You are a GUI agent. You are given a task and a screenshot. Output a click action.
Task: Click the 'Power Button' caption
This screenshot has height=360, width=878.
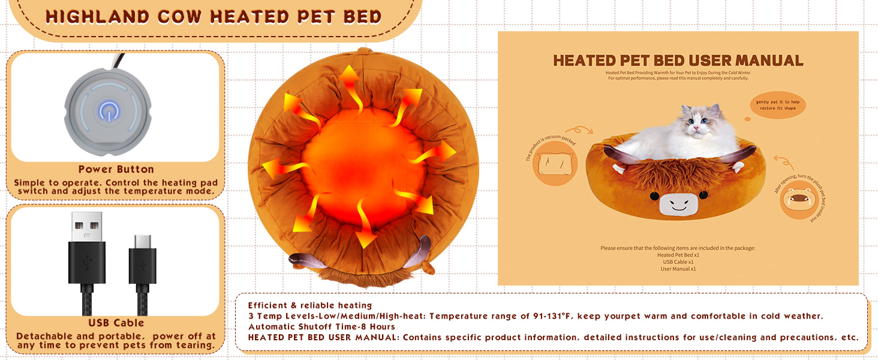click(116, 169)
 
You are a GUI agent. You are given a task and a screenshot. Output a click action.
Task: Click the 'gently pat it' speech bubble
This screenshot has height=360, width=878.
click(777, 105)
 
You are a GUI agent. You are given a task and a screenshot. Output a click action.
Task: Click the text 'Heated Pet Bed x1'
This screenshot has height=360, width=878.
click(678, 255)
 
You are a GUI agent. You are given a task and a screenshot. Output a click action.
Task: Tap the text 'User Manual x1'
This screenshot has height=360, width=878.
click(678, 269)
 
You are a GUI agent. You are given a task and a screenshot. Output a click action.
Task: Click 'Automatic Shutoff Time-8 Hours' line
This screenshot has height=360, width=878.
click(321, 327)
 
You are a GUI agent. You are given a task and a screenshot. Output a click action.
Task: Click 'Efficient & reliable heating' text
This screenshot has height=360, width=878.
click(310, 306)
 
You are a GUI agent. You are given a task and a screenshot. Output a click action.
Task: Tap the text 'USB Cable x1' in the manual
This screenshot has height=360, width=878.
click(678, 262)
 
